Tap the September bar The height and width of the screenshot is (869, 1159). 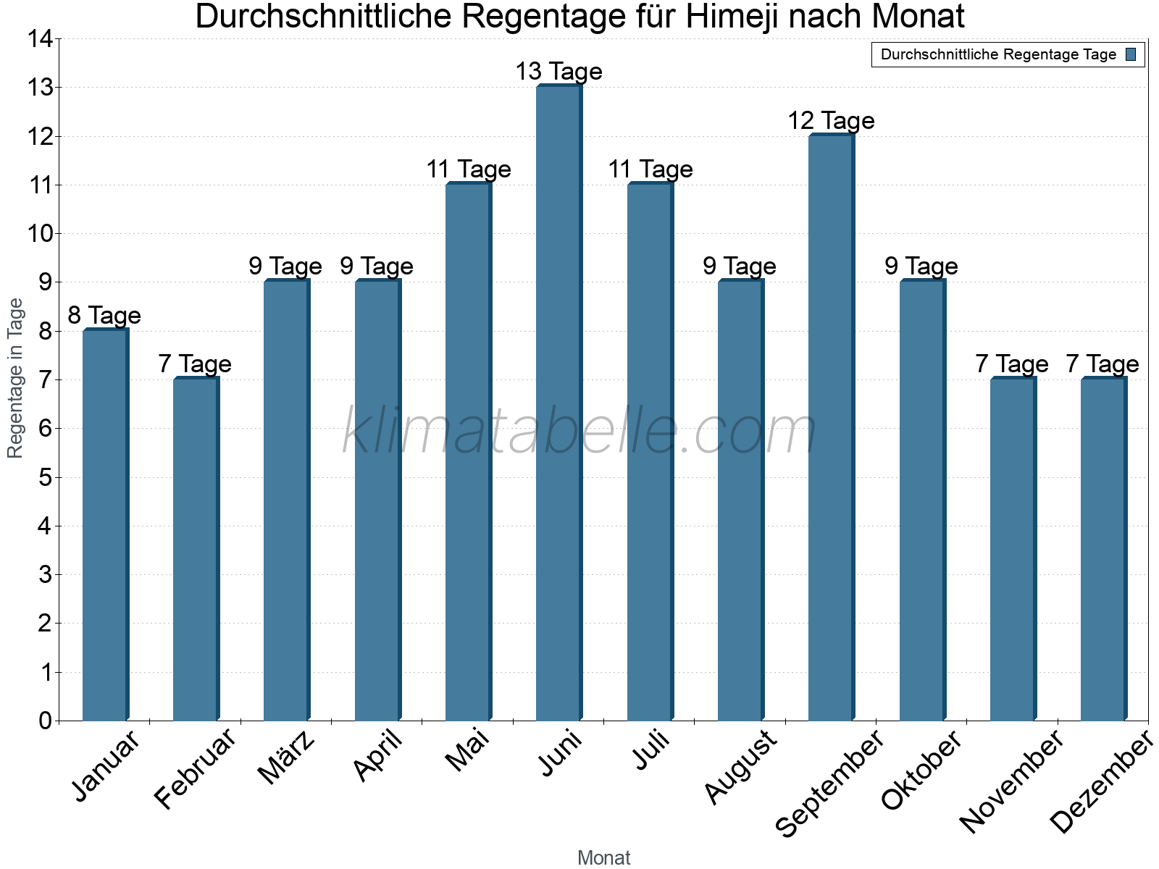(x=831, y=427)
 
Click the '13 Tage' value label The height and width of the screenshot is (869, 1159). (x=558, y=72)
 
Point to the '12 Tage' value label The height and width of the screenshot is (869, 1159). (x=831, y=121)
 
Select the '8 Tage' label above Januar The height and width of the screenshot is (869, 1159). (x=104, y=316)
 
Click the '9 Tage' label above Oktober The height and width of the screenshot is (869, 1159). (x=921, y=266)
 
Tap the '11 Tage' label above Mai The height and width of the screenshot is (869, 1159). (x=468, y=169)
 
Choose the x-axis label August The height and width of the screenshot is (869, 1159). (x=740, y=768)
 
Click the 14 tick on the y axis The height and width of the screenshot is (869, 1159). (x=39, y=39)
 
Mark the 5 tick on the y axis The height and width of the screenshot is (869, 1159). (x=46, y=477)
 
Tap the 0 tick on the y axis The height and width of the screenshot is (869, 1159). (x=46, y=721)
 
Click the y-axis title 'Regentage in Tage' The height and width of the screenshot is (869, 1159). (x=15, y=378)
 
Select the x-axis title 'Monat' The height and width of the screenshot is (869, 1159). (x=603, y=857)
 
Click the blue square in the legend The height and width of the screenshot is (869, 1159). (x=1131, y=54)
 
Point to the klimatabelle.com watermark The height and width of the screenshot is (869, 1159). (x=579, y=432)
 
